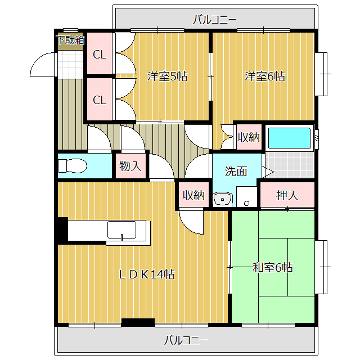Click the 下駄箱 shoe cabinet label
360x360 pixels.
70,40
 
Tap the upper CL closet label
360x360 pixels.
100,55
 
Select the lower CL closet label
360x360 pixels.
100,100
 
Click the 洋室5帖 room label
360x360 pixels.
167,76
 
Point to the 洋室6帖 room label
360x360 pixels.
264,76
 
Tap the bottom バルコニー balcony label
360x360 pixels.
186,340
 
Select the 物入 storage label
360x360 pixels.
130,166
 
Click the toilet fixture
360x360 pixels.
72,166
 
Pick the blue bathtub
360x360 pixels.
289,138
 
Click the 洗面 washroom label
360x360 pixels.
236,172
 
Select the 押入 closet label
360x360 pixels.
287,195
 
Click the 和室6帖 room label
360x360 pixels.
272,267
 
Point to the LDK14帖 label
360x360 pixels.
146,274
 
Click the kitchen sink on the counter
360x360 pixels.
122,230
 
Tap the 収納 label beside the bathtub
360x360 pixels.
248,137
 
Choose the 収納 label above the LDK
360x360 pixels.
193,195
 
